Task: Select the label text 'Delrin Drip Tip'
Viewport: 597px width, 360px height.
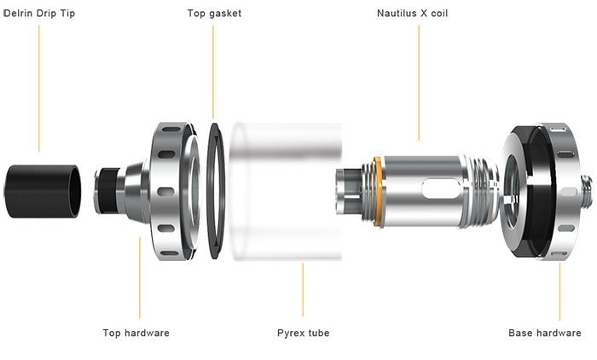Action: coord(39,14)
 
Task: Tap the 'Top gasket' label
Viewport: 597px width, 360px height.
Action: coord(214,14)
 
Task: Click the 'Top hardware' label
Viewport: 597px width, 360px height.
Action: coord(136,333)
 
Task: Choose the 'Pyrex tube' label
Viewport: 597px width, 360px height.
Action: coord(303,333)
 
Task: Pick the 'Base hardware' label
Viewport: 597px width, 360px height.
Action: coord(544,333)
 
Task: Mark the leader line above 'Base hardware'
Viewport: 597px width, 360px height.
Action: coord(559,290)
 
